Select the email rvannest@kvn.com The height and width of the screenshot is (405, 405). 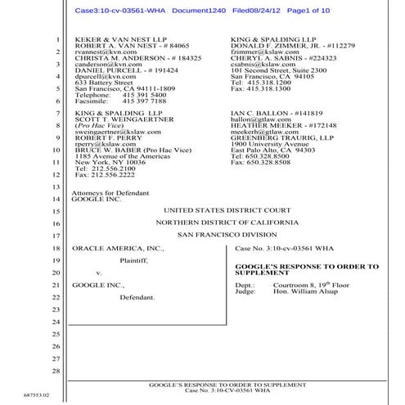pos(101,52)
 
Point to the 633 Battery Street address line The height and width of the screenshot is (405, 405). pos(104,83)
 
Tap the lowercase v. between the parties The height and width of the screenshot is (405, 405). pos(98,272)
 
